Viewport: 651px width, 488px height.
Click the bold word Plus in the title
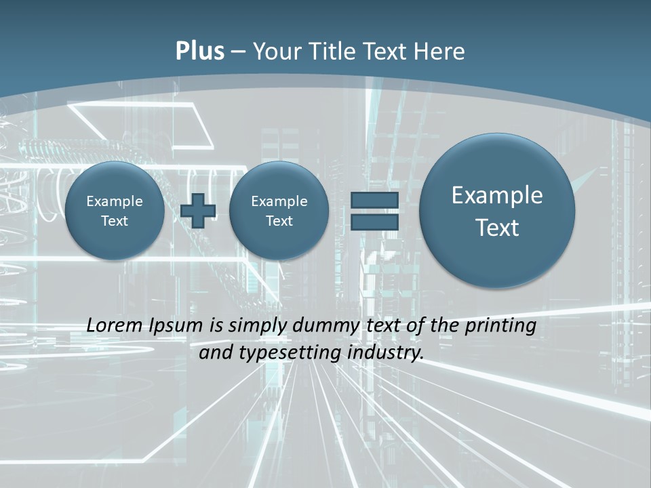[x=199, y=52]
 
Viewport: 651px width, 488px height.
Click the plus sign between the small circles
[x=198, y=210]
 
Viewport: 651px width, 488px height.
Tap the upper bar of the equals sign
[x=374, y=200]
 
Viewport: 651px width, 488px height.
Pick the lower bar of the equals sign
[x=374, y=222]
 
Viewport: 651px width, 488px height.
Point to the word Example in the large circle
[x=497, y=195]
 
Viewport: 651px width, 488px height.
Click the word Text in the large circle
[x=497, y=228]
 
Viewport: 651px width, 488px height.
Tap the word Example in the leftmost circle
[x=115, y=201]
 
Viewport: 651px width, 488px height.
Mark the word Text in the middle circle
[x=279, y=221]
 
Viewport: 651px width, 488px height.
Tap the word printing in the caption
[x=500, y=326]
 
